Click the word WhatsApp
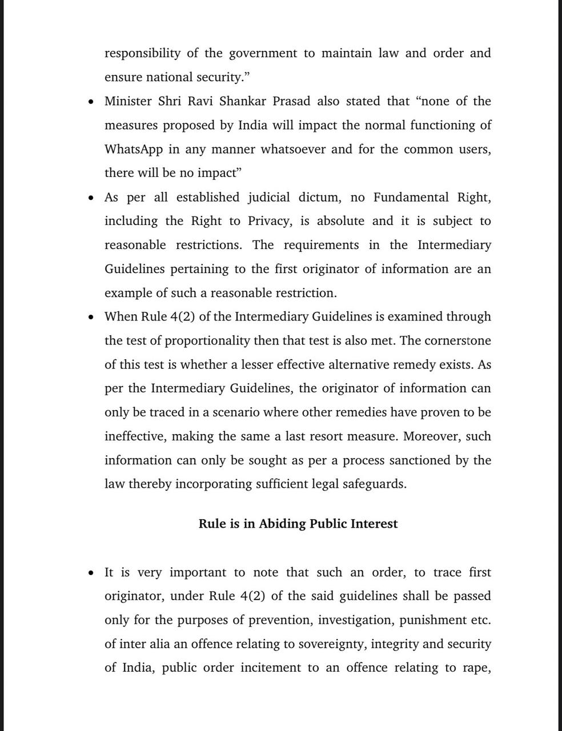click(134, 150)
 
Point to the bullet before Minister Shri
click(91, 102)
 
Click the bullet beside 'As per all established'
click(91, 198)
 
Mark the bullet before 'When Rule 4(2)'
click(91, 318)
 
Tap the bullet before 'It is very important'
click(91, 573)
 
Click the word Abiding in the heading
click(282, 524)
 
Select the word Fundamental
click(411, 198)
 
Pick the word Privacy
click(268, 222)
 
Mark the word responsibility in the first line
click(142, 54)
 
